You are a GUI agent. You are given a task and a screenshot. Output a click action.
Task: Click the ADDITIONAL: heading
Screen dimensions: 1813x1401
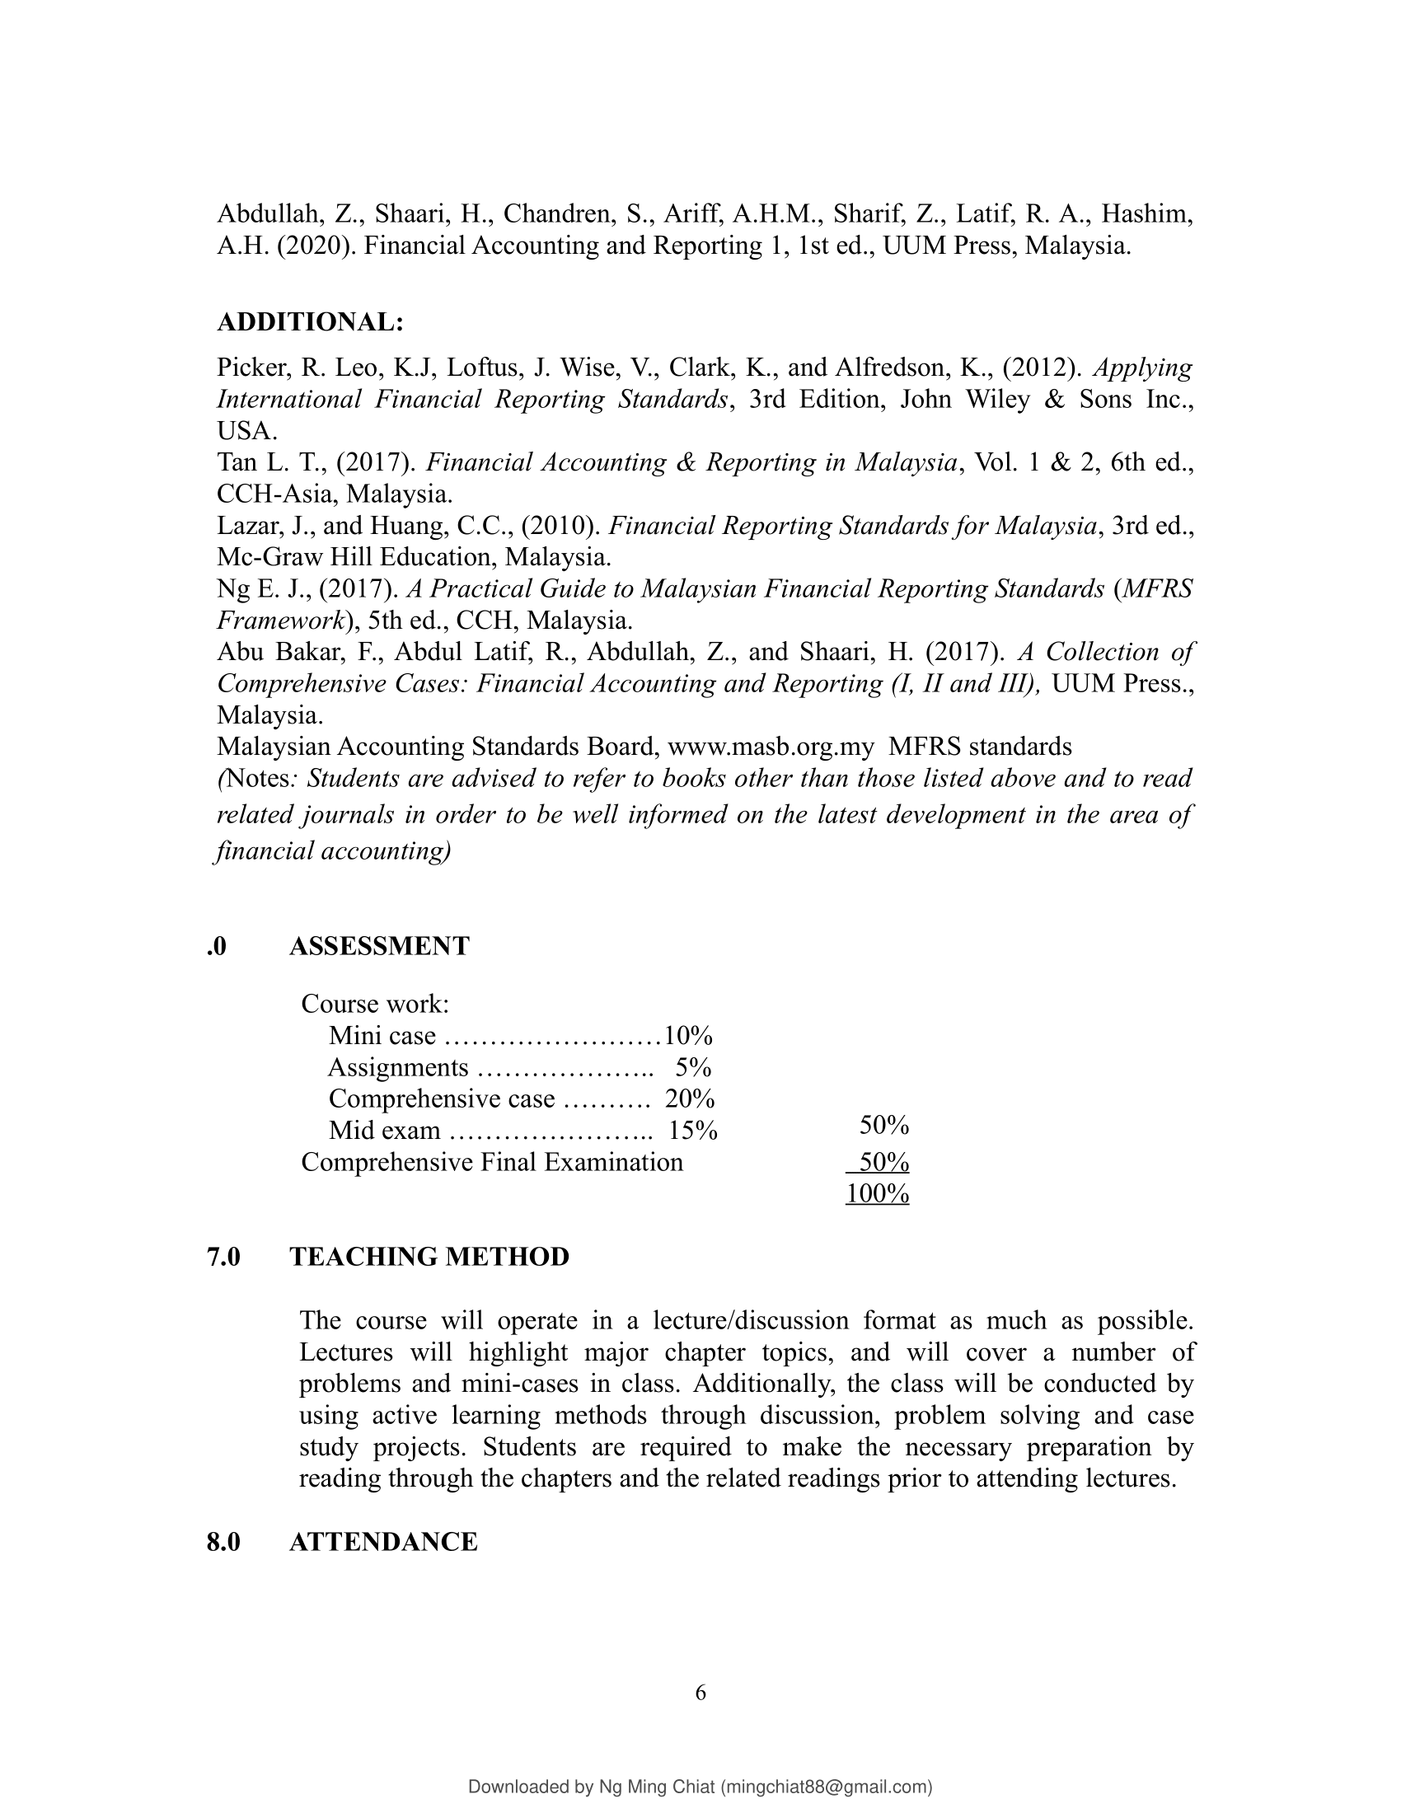pos(311,322)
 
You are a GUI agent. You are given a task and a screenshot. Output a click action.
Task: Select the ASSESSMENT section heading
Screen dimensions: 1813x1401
pos(379,945)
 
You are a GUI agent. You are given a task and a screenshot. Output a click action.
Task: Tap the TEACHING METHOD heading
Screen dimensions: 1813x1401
pos(429,1257)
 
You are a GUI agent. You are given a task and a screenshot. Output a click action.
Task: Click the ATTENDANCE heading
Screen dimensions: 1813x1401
pos(383,1542)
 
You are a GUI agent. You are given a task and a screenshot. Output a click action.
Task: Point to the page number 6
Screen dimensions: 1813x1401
pos(700,1693)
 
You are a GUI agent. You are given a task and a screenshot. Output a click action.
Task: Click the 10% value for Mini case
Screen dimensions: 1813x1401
pos(688,1036)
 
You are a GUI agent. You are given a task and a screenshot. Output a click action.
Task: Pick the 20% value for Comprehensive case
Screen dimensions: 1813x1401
pos(690,1099)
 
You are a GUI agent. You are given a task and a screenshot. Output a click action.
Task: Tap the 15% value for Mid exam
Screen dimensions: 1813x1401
pos(693,1131)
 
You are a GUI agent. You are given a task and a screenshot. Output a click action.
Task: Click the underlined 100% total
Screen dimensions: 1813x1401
pos(878,1194)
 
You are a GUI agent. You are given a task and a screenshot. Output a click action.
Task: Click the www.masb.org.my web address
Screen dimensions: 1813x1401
pos(771,747)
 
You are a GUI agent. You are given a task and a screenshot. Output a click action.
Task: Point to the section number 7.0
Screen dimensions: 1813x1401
pos(224,1257)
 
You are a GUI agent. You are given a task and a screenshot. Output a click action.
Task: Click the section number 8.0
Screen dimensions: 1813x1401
pos(224,1542)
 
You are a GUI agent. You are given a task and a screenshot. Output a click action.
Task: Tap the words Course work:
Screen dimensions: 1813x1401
pos(375,1005)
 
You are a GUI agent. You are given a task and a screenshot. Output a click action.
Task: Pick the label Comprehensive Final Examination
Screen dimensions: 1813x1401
pos(492,1162)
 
